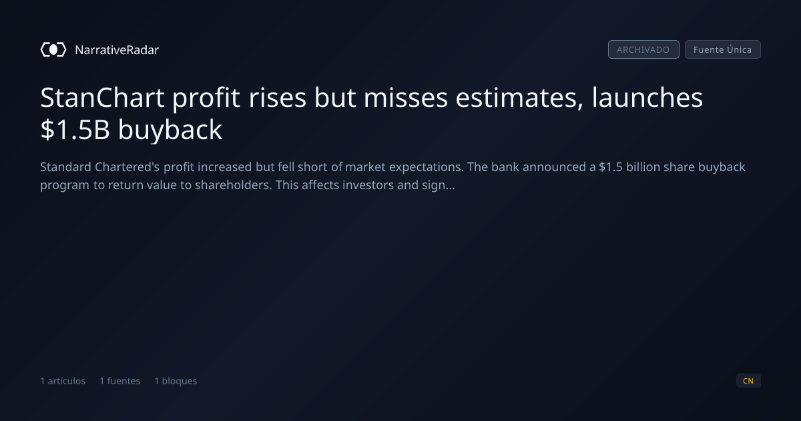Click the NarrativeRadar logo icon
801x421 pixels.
(53, 49)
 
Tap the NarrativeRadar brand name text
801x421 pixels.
(117, 49)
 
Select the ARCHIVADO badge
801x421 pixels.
(643, 49)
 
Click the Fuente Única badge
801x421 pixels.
(722, 49)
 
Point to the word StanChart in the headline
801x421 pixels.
(102, 98)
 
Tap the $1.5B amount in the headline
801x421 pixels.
(75, 129)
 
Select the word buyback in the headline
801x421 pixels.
(170, 129)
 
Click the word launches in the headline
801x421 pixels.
(647, 98)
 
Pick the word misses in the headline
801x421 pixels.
(406, 98)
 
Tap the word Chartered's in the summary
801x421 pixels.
(127, 167)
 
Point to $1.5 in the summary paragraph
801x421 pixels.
(610, 167)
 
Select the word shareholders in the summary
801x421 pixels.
(233, 184)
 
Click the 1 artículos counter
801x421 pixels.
(63, 380)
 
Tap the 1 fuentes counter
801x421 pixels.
(119, 380)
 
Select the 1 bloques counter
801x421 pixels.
(176, 380)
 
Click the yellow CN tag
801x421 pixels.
(748, 380)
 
